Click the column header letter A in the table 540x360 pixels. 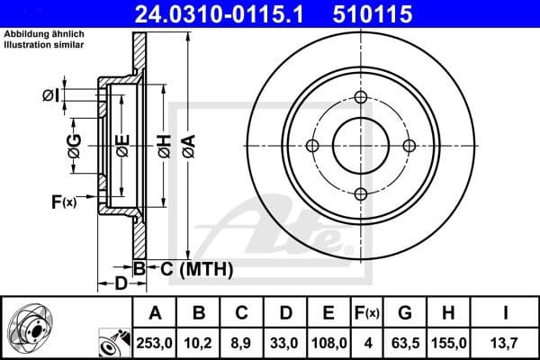point(156,312)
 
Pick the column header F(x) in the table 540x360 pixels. point(369,312)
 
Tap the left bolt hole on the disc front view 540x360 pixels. point(313,147)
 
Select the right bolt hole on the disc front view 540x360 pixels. point(409,146)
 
